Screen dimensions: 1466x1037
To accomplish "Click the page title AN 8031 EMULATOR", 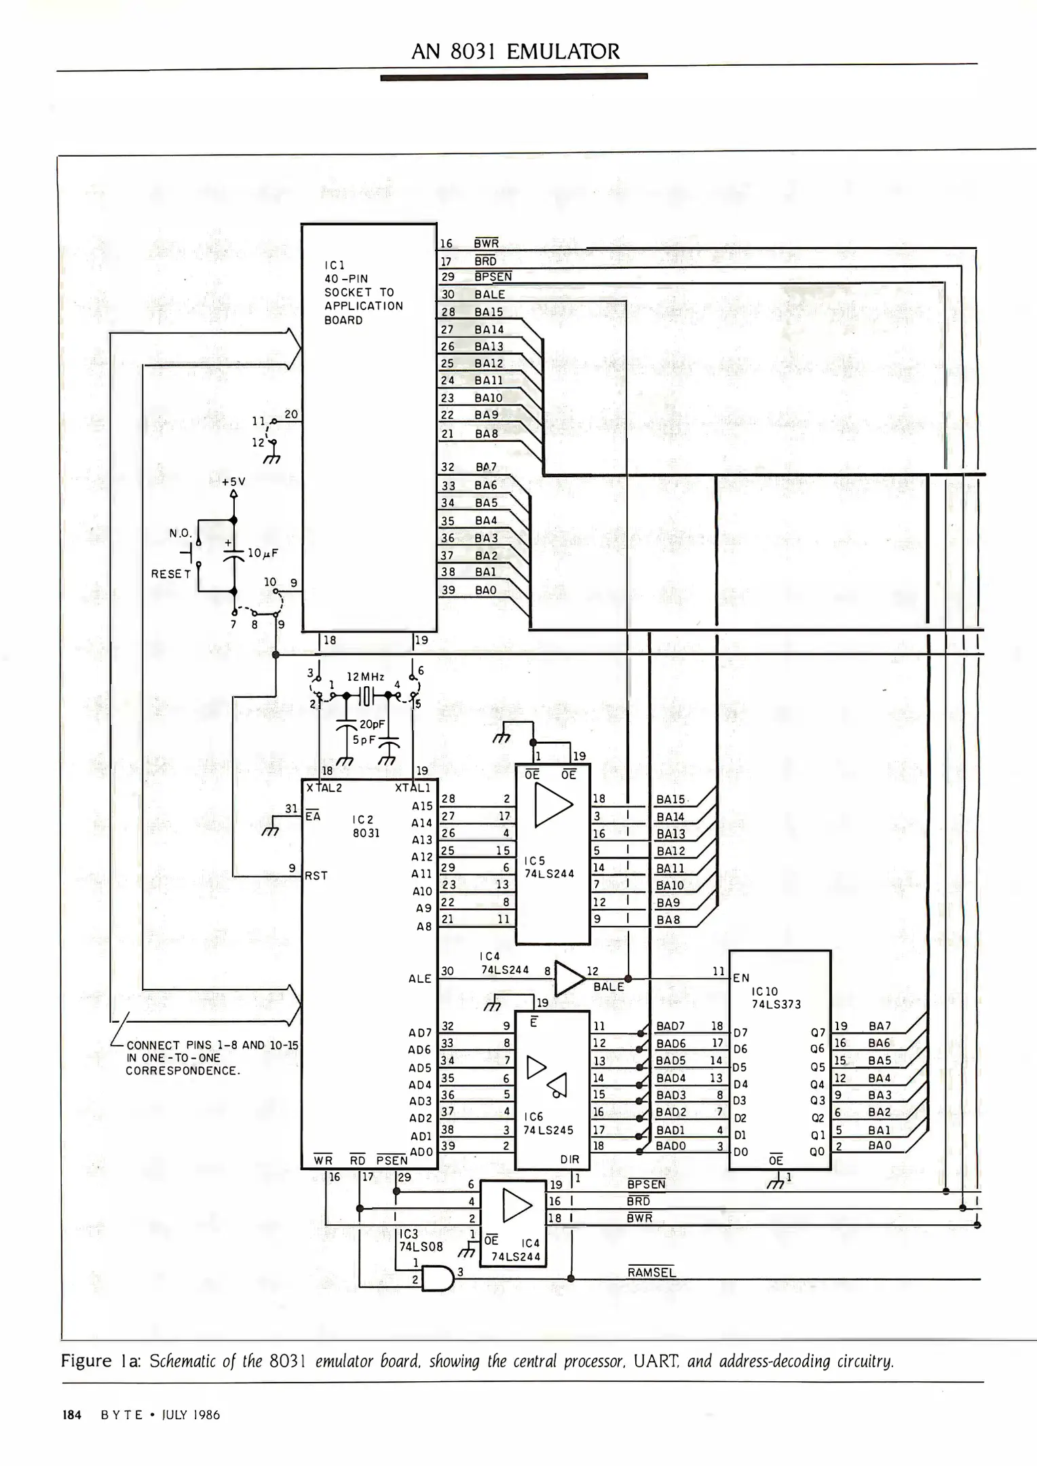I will click(x=515, y=52).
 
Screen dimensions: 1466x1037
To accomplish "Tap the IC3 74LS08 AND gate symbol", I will click(x=436, y=1279).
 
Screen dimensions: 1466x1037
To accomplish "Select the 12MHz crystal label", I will click(x=365, y=677).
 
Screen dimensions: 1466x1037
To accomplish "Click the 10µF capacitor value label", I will click(x=263, y=553).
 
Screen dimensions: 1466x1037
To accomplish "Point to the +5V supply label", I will click(x=233, y=481).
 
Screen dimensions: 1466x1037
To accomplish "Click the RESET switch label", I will click(x=171, y=574).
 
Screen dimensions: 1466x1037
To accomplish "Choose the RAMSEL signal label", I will click(x=651, y=1273).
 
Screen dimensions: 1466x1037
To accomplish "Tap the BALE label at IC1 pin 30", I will click(x=489, y=295).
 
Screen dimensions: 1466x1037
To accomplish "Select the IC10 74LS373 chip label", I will click(x=775, y=998).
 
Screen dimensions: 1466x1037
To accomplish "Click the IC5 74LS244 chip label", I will click(x=549, y=867).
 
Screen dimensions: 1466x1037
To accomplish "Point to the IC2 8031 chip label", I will click(x=366, y=826).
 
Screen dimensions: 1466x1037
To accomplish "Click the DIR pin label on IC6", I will click(x=569, y=1160).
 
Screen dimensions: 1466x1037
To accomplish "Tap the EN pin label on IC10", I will click(x=740, y=978).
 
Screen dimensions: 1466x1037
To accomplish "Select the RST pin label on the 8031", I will click(x=316, y=876).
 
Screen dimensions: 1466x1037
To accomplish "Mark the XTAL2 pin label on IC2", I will click(x=324, y=788).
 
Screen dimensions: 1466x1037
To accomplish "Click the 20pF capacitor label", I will click(x=372, y=724).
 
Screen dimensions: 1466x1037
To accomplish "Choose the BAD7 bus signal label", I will click(x=671, y=1026).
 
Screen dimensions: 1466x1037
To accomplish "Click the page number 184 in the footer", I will click(x=72, y=1415).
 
